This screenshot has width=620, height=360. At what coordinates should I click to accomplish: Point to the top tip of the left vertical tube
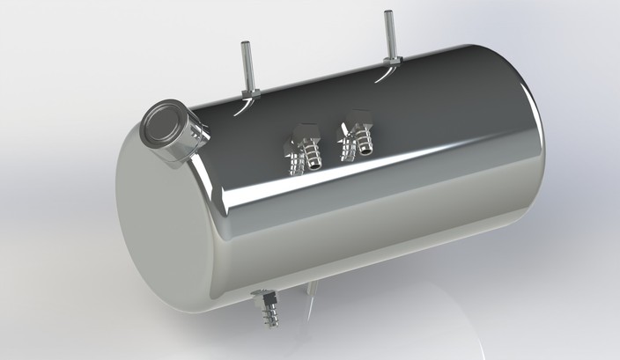pos(245,44)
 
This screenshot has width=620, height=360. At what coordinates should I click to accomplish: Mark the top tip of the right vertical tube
pos(386,12)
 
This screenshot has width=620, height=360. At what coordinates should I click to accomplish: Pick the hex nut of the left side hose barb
pos(303,134)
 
